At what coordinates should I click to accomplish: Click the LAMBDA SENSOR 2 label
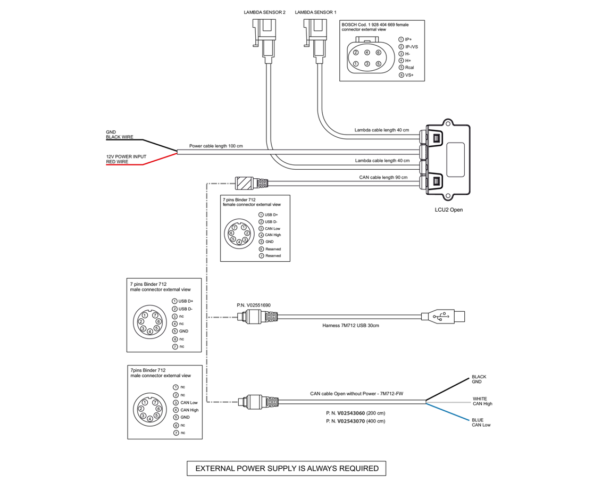[264, 11]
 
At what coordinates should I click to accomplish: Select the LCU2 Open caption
[449, 210]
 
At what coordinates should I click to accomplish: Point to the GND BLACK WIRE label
[119, 135]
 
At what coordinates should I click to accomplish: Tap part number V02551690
[254, 305]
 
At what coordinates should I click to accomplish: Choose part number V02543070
[355, 421]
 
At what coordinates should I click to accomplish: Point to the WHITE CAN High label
[482, 401]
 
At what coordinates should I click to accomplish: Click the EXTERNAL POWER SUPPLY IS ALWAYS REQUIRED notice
[287, 469]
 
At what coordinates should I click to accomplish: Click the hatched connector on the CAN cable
[244, 184]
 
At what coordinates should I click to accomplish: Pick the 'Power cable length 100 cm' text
[216, 146]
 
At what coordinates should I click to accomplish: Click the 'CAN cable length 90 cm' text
[383, 177]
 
